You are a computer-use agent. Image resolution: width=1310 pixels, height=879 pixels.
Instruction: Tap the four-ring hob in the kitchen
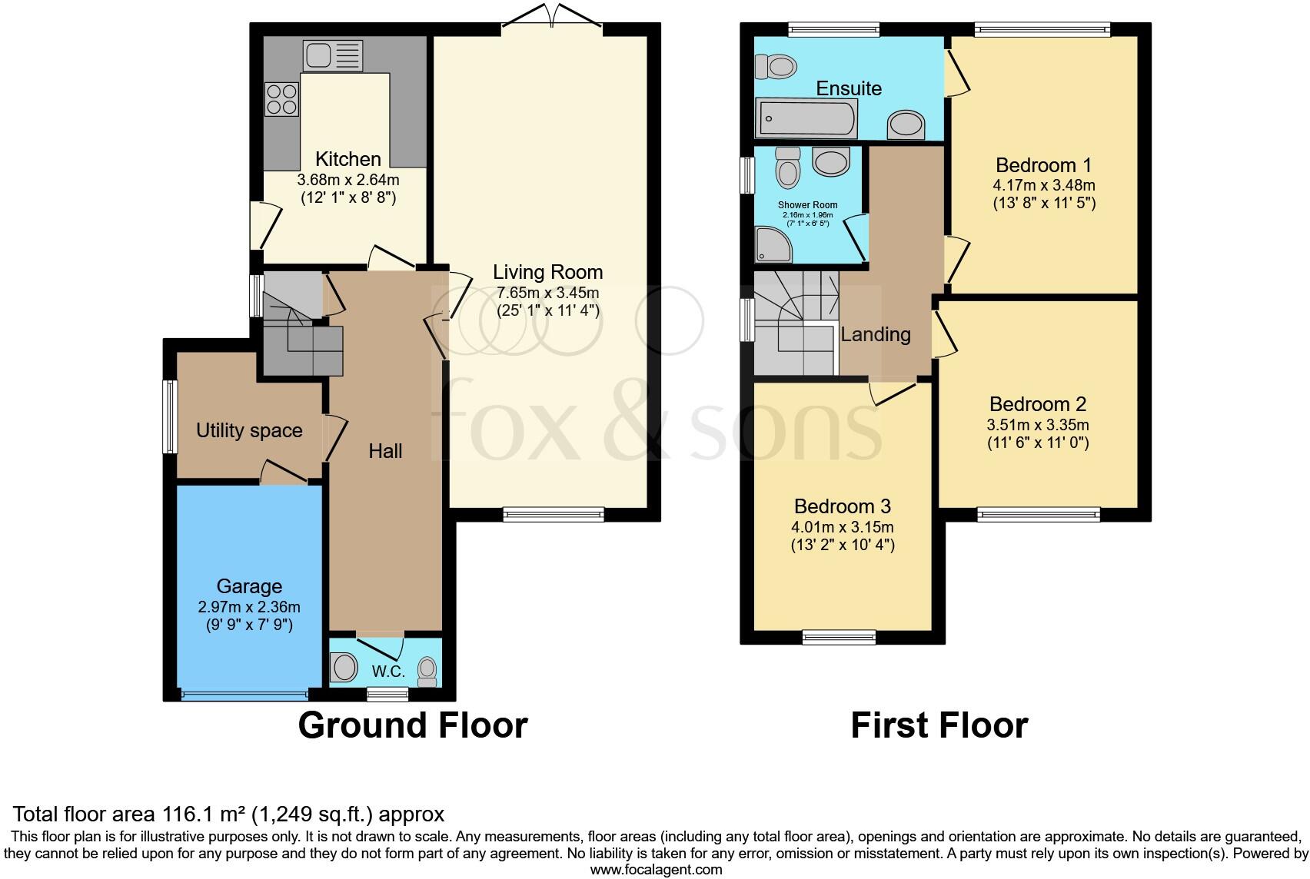[281, 99]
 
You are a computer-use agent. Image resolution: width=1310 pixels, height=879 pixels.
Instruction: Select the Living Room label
[547, 272]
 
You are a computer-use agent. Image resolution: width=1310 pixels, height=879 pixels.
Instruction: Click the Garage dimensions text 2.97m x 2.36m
[249, 607]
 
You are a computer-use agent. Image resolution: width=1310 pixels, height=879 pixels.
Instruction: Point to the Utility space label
[249, 430]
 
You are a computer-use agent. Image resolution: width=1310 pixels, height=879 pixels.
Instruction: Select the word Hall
[385, 451]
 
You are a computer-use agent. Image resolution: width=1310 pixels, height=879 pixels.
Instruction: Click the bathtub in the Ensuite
[806, 120]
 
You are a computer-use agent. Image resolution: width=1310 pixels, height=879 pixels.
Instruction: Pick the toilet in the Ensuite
[776, 67]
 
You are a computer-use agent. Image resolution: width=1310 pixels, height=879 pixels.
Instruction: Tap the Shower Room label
[807, 205]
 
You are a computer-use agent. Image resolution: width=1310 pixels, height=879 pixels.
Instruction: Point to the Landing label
[875, 334]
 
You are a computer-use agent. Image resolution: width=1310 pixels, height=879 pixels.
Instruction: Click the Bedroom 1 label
[1043, 165]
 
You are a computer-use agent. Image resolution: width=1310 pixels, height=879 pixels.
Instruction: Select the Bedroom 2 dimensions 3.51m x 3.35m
[1038, 425]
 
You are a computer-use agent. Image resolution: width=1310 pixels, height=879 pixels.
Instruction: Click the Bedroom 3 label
[842, 506]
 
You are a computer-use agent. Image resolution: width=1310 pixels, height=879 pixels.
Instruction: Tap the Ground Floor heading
[413, 725]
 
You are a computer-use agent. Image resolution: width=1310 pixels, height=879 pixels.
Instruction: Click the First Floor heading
[939, 725]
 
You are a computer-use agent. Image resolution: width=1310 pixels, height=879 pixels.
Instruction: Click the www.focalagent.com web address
[656, 870]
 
